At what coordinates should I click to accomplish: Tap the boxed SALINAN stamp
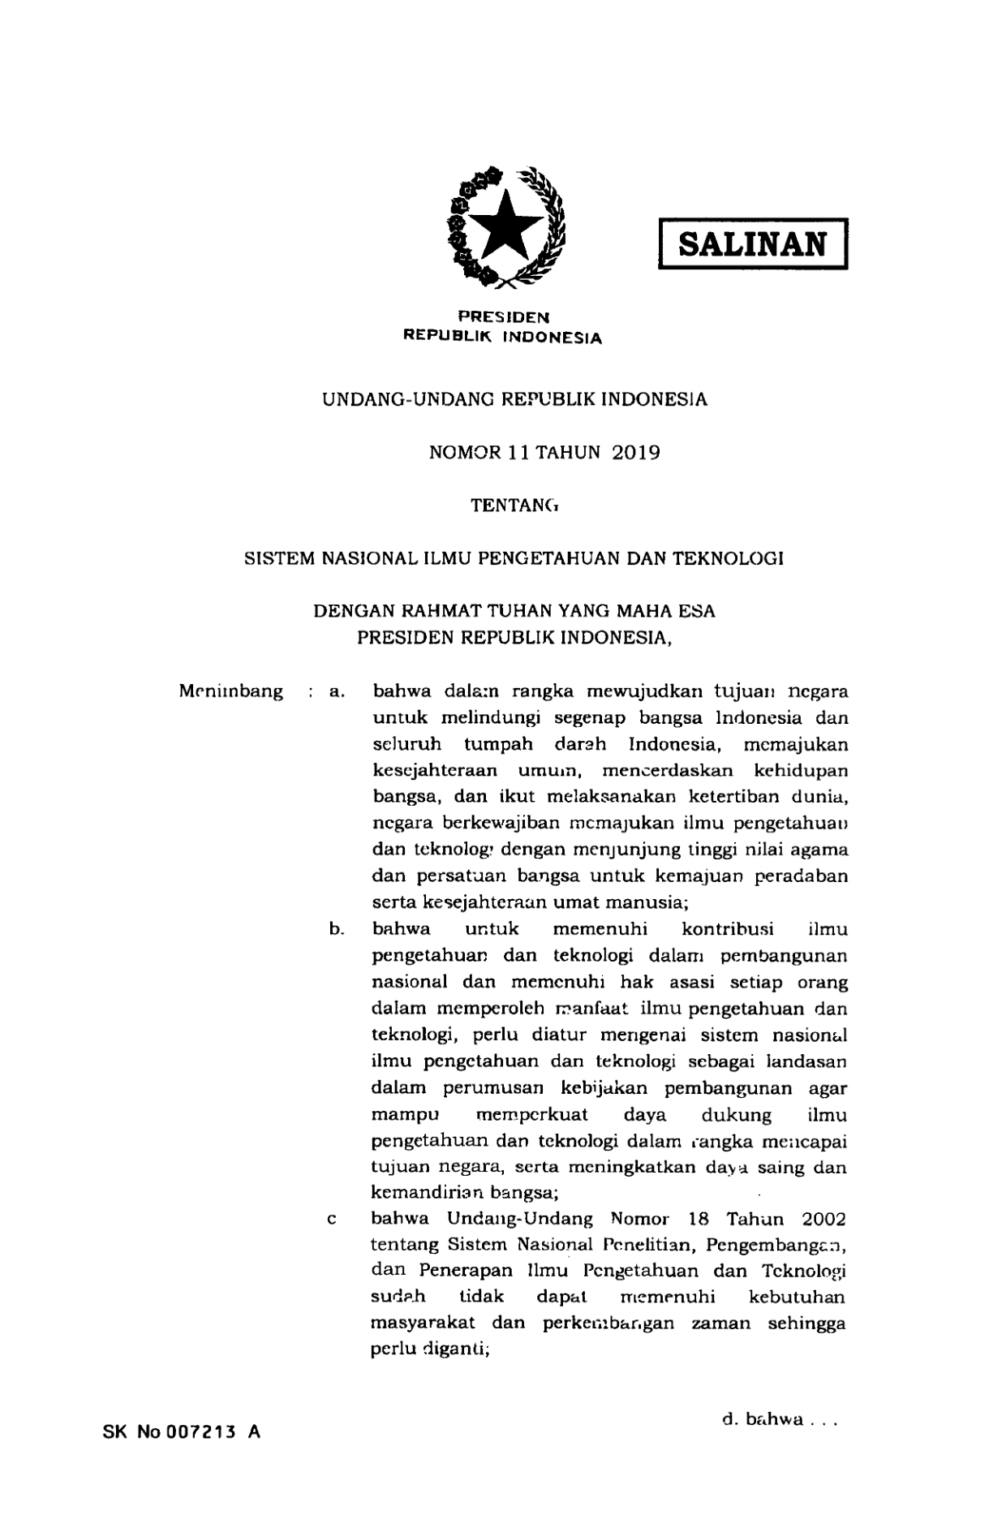[752, 244]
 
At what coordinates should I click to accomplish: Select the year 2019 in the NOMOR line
[637, 453]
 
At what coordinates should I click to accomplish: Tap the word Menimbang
[231, 691]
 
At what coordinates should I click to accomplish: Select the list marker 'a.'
[338, 692]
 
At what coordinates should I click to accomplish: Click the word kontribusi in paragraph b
[728, 928]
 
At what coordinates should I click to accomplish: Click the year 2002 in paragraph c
[823, 1219]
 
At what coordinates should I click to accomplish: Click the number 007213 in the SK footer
[200, 1431]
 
